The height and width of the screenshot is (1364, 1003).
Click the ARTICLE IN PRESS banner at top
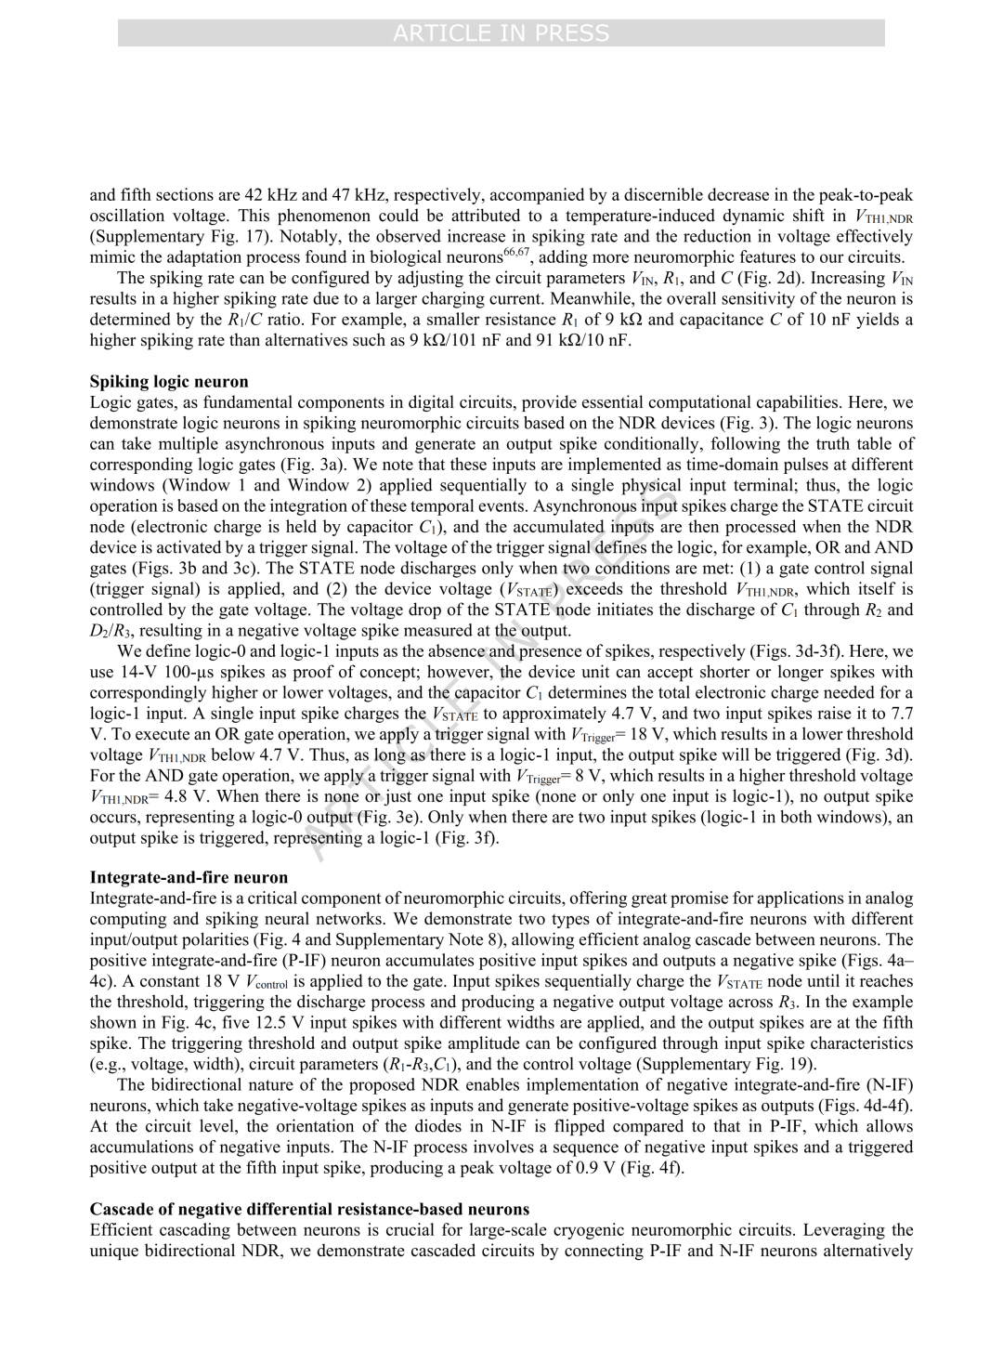[x=501, y=33]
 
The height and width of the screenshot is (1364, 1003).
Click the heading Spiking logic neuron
[x=169, y=382]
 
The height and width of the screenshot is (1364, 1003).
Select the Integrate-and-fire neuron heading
[x=189, y=878]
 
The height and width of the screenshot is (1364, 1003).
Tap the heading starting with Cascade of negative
[x=309, y=1210]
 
